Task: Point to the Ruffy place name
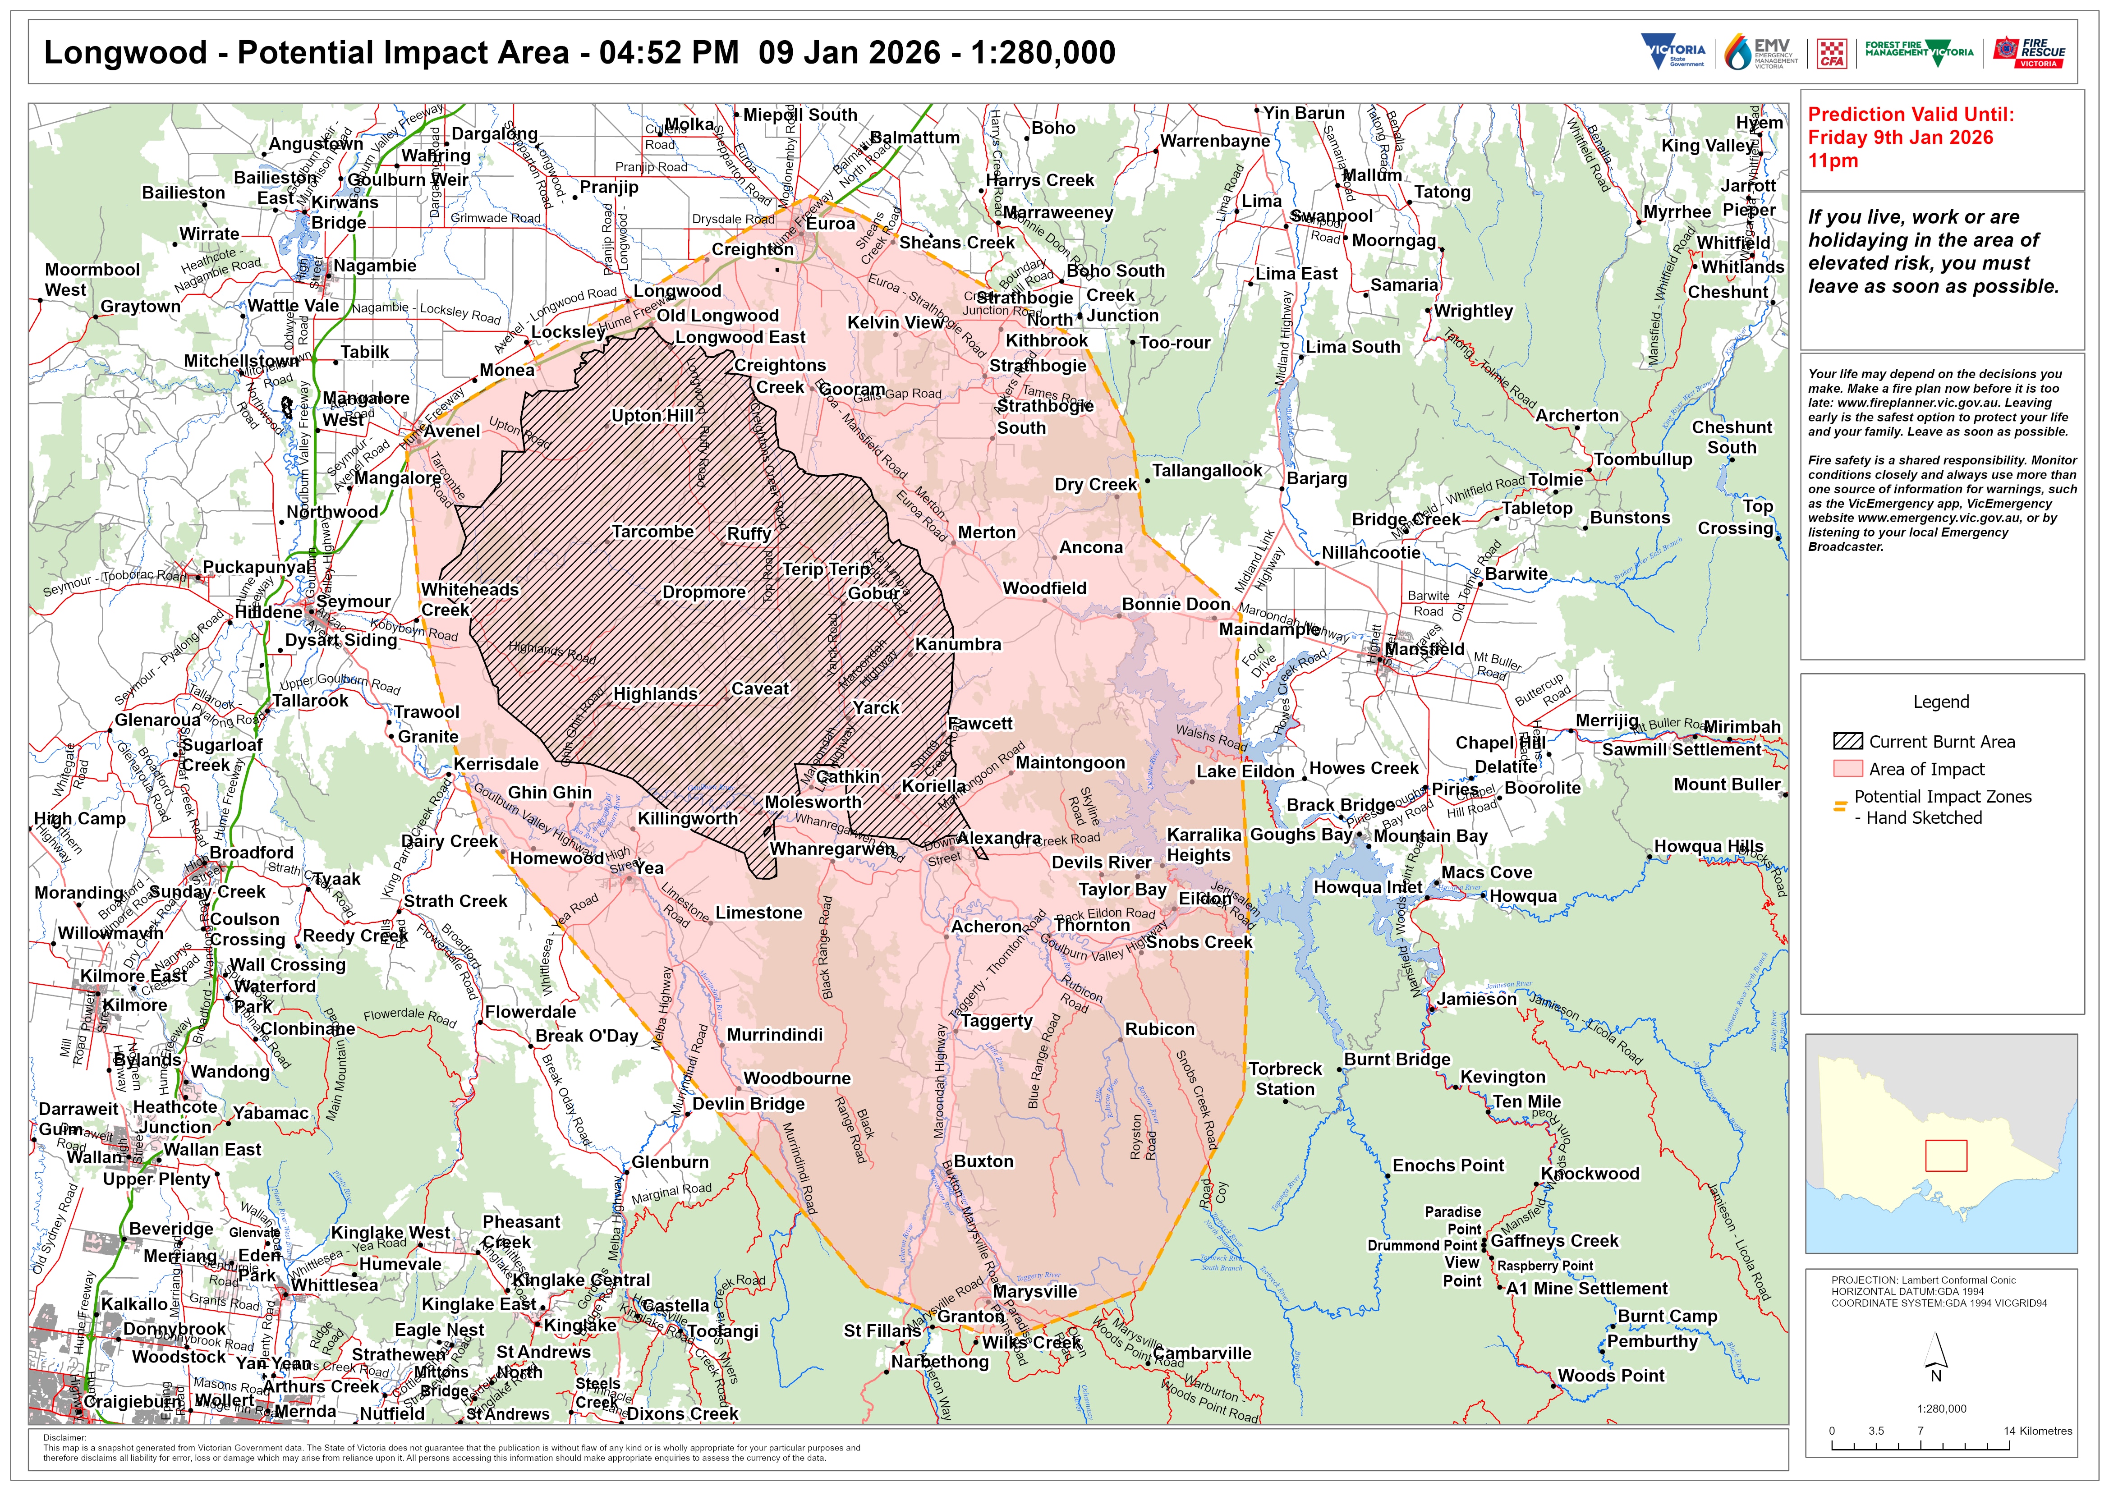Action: pos(749,534)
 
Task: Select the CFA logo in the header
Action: pos(1833,53)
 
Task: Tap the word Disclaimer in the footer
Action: pos(64,1438)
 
